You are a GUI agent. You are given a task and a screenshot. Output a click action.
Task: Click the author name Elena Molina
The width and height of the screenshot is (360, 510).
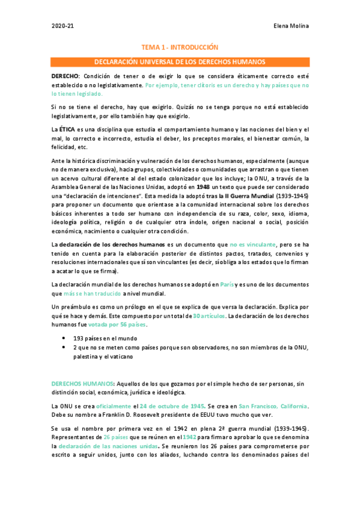click(x=291, y=26)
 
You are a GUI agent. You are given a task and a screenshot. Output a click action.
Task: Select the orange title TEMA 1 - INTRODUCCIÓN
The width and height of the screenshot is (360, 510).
click(x=179, y=47)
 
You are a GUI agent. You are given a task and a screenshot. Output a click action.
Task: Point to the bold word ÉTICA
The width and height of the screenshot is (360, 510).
click(x=67, y=130)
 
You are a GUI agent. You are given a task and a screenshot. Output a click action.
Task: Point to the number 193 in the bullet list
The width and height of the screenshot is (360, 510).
click(x=79, y=339)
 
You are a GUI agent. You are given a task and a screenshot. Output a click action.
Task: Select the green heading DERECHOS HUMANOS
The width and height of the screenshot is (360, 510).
click(x=82, y=384)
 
